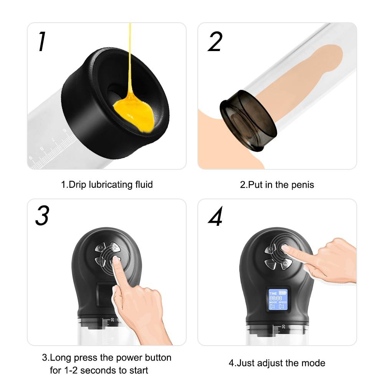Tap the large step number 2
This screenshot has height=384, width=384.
coord(215,41)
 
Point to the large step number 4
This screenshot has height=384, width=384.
coord(215,218)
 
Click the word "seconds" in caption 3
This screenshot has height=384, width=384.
coord(99,371)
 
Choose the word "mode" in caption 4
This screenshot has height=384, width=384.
coord(314,363)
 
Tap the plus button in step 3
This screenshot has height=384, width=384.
coord(114,247)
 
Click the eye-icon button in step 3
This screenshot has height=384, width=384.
coord(100,248)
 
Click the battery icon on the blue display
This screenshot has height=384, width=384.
coord(283,292)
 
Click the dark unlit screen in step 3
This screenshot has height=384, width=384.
coord(103,294)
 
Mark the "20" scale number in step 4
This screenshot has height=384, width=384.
coord(283,327)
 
